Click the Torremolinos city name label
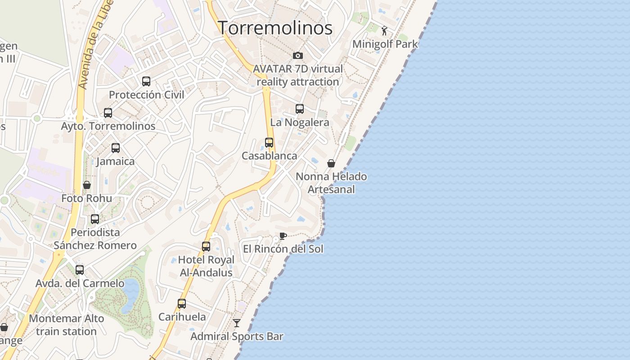275,28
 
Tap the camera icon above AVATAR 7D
297,55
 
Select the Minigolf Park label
385,44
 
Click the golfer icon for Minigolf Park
384,31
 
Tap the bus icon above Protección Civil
146,81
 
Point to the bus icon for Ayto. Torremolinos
108,113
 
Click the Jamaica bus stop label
116,161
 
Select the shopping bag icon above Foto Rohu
87,185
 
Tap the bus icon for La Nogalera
300,109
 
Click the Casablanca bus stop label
269,156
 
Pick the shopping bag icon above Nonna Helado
331,163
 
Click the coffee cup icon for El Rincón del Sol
283,236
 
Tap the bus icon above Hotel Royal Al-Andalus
206,247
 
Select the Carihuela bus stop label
182,317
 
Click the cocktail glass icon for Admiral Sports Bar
237,323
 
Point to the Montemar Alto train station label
66,325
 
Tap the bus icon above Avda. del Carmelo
80,270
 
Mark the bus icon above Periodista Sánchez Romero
95,219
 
